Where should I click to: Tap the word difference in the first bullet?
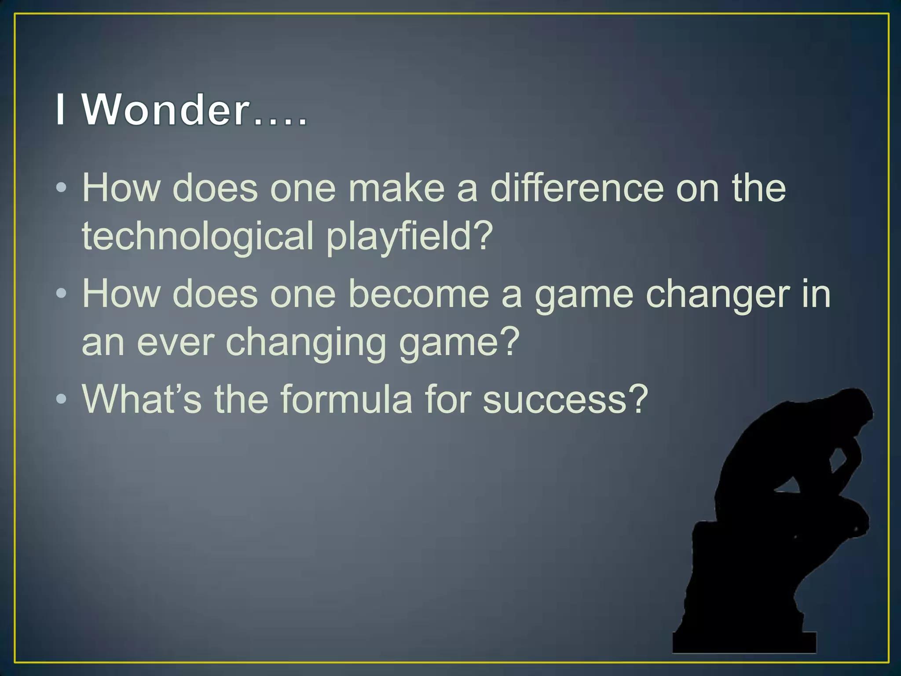click(576, 188)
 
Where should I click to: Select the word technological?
click(198, 236)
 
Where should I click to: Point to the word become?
click(418, 294)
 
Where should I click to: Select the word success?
click(554, 399)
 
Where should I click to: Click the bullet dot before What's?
click(62, 400)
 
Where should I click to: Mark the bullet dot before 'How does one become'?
click(62, 294)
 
